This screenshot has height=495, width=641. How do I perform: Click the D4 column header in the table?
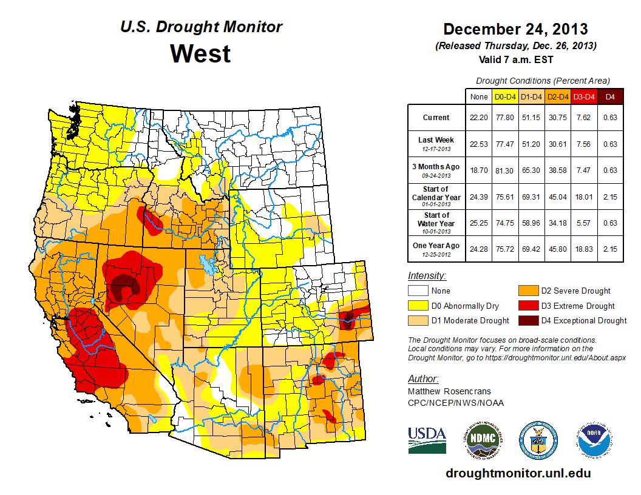coord(611,96)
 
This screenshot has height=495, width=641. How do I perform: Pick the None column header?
coord(478,96)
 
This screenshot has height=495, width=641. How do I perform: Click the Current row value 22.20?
coord(478,118)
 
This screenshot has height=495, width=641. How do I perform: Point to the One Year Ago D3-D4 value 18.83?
coord(584,246)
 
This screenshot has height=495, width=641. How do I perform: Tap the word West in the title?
coord(200,53)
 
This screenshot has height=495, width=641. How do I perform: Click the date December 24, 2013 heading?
coord(515,29)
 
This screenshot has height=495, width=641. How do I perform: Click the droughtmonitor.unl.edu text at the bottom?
coord(518,473)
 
